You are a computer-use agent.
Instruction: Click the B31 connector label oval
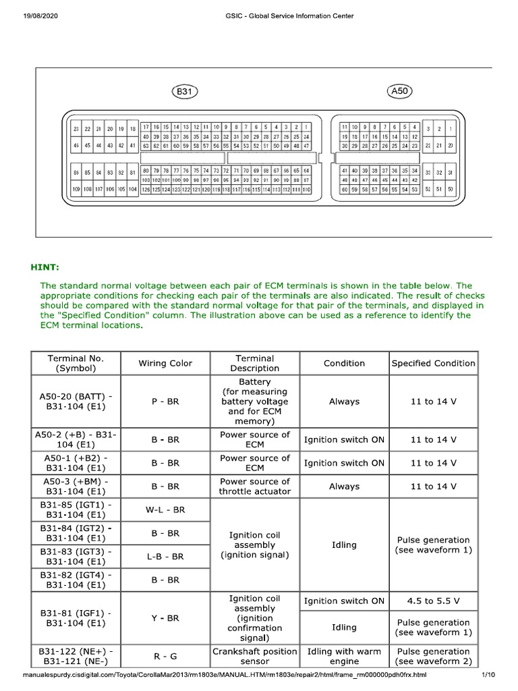tap(183, 90)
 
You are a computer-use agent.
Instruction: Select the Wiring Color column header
tap(165, 363)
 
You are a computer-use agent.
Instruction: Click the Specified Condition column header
tap(433, 363)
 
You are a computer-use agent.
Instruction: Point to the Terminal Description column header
tap(254, 363)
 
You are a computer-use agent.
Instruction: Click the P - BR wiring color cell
tap(165, 402)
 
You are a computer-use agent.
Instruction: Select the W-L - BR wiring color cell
tap(165, 509)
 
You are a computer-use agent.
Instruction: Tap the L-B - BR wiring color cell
tap(165, 557)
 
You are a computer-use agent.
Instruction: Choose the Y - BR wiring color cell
tap(165, 617)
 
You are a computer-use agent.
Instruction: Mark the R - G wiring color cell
tap(165, 657)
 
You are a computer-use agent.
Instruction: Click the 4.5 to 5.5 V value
tap(433, 601)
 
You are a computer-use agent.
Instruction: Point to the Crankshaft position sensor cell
tap(254, 657)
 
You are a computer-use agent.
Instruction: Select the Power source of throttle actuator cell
tap(254, 487)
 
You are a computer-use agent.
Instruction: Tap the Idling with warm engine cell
tap(344, 657)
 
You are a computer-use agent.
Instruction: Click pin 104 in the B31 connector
tap(132, 190)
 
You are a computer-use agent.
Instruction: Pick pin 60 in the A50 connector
tap(344, 190)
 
